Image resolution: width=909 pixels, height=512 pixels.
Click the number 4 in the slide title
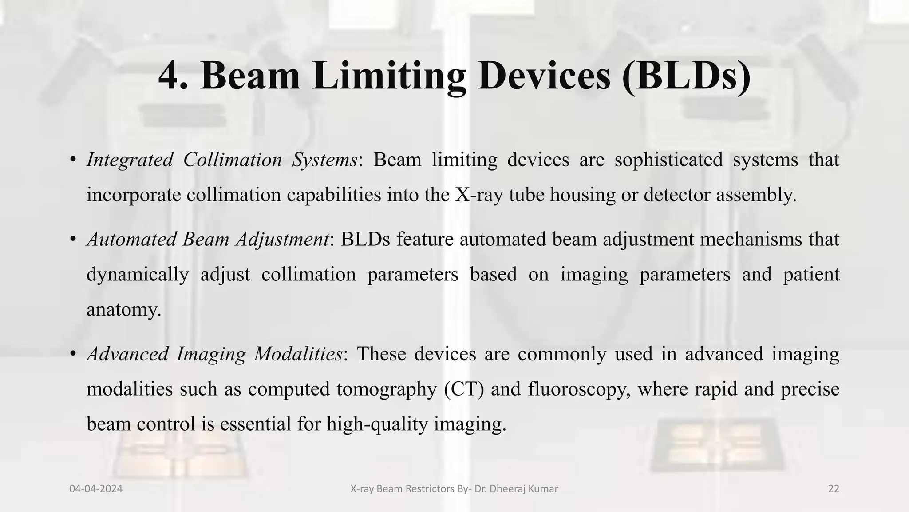(x=168, y=76)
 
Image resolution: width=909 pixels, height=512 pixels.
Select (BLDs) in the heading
(x=686, y=76)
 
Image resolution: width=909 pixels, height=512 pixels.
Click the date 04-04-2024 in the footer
(x=96, y=489)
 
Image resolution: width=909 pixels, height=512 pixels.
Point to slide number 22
(x=834, y=489)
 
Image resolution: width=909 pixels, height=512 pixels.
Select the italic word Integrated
(x=130, y=160)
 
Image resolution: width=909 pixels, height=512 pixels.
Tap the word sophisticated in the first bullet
(x=668, y=160)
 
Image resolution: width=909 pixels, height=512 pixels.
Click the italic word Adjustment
(x=283, y=240)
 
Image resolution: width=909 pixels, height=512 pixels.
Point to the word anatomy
(x=123, y=310)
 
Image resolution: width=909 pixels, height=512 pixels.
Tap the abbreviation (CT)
(x=463, y=389)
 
